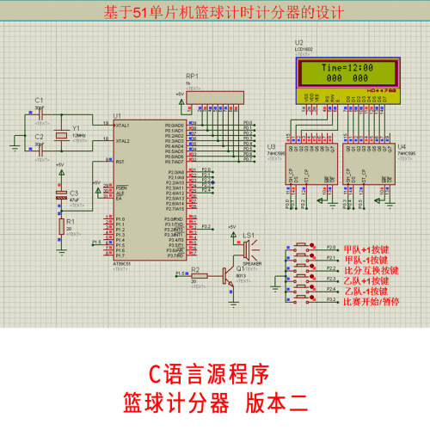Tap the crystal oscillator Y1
(x=63, y=135)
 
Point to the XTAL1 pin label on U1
(x=123, y=126)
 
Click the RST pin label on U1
(x=120, y=162)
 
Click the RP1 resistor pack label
(x=192, y=76)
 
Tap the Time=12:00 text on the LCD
(x=347, y=67)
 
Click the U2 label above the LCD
(x=298, y=42)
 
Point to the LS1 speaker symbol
(x=248, y=250)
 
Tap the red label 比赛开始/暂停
(x=371, y=302)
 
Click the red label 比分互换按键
(x=371, y=269)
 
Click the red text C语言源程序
(x=210, y=374)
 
